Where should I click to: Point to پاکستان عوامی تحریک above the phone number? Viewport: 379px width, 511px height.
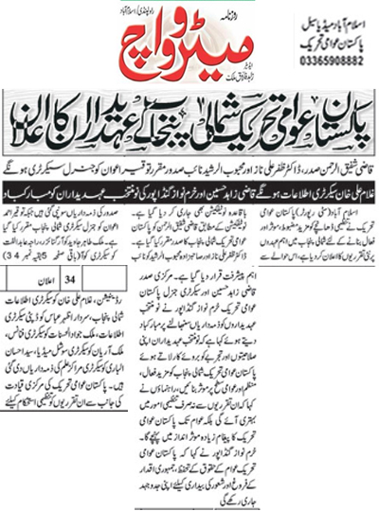click(319, 41)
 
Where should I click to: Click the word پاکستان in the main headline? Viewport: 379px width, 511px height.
click(340, 118)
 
